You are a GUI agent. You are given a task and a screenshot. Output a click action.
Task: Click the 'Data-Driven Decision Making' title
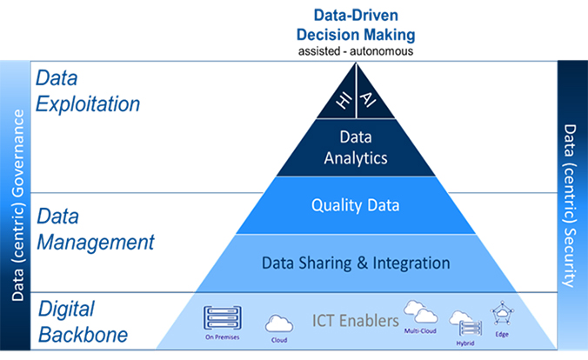click(355, 25)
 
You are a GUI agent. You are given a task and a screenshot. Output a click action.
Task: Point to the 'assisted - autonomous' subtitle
click(355, 50)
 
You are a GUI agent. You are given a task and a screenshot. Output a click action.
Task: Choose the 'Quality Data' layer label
click(355, 206)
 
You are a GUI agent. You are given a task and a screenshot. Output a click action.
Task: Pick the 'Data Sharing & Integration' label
click(355, 262)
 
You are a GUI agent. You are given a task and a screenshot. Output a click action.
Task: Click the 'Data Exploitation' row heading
click(87, 91)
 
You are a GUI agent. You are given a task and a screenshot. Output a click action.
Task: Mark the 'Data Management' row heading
click(95, 228)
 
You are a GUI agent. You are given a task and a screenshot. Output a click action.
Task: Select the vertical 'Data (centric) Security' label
click(571, 204)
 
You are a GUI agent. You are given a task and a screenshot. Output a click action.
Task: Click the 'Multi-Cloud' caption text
click(420, 330)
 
